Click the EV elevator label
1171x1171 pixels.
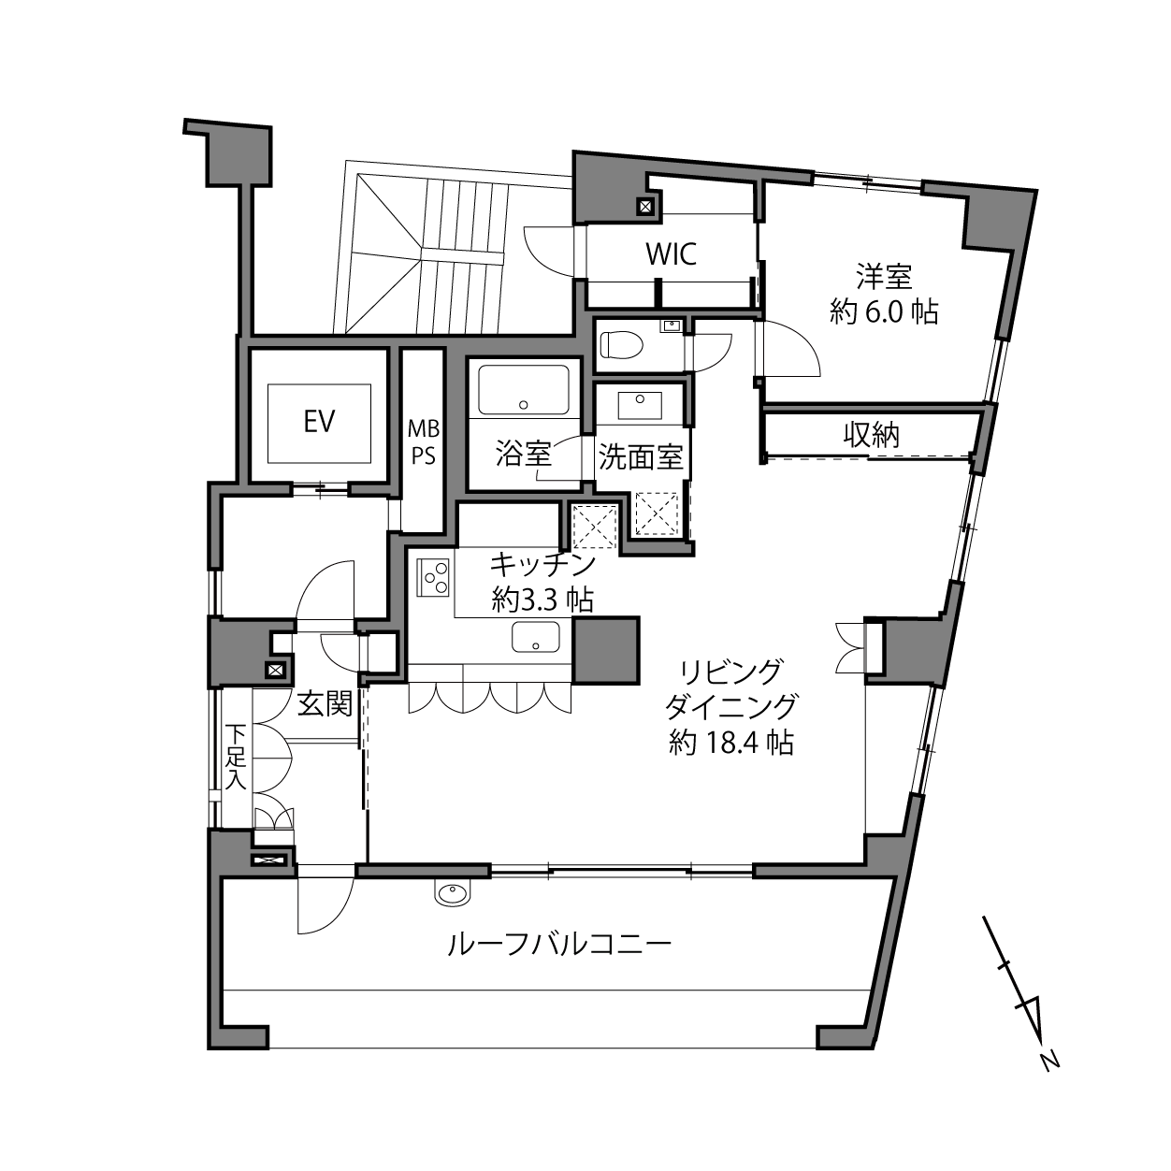(320, 422)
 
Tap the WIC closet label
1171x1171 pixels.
(671, 254)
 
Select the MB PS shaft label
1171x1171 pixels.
(424, 442)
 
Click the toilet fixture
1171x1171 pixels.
(621, 344)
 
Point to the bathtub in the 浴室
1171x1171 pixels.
(524, 389)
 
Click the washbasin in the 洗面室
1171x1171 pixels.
(640, 405)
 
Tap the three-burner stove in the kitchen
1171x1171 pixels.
(434, 577)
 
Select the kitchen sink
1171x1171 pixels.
(535, 637)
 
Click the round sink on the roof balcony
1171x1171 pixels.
(451, 894)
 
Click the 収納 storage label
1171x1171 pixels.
(872, 435)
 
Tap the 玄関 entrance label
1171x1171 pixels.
(325, 704)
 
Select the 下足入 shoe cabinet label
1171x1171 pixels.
(236, 757)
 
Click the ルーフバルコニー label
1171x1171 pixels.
(559, 945)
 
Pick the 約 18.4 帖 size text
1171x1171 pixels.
(731, 743)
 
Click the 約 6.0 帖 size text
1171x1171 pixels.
(884, 312)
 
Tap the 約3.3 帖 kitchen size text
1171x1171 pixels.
(542, 601)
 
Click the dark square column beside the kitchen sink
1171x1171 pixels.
(606, 650)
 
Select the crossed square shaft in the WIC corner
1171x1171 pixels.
(644, 208)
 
